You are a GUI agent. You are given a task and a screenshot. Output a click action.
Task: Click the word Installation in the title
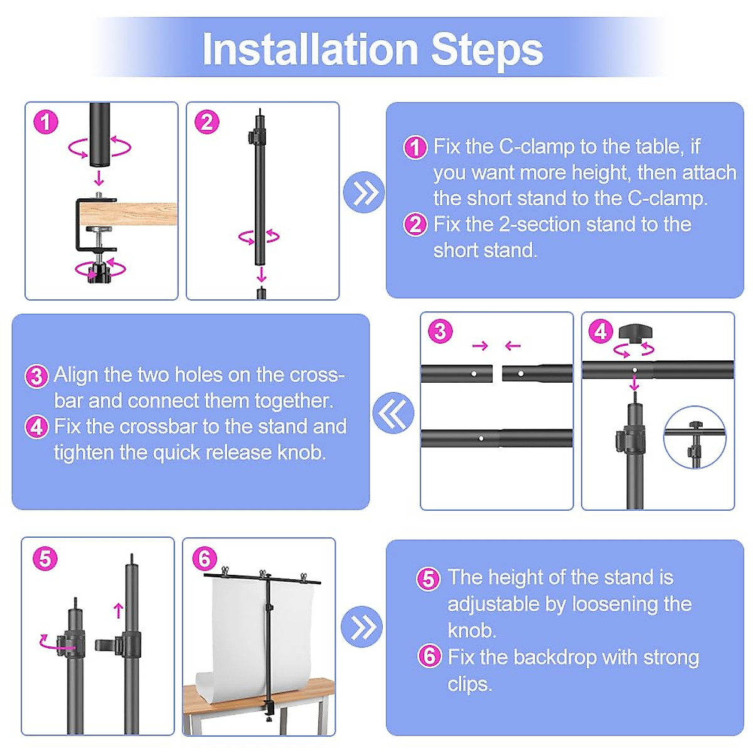coord(310,50)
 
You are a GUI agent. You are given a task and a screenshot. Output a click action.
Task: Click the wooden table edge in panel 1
coord(128,213)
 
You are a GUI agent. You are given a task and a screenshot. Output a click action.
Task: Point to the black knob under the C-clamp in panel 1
coord(100,272)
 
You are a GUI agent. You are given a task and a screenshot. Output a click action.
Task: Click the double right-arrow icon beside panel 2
coord(363,192)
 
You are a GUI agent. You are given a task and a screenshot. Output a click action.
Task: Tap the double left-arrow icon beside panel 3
coord(393,413)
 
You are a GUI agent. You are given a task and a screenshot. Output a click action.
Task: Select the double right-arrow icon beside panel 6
coord(361,626)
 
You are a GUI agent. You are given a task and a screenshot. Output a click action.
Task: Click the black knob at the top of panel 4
coord(635,333)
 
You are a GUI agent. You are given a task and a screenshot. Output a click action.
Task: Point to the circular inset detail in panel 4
coord(695,437)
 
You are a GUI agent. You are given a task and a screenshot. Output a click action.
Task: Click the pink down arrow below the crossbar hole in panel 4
coord(634,383)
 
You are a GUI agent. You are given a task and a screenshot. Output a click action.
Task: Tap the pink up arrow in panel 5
coord(119,611)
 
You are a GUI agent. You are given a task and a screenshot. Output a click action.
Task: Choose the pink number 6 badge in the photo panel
coord(205,559)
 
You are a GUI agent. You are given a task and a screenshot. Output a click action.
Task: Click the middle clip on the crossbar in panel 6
coord(262,574)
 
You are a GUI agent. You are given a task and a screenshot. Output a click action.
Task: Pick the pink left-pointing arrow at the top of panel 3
coord(513,345)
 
